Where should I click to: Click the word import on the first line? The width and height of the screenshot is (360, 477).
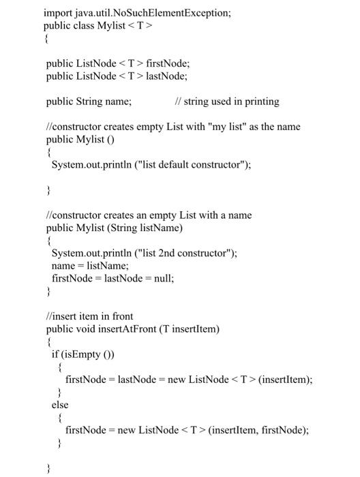pyautogui.click(x=58, y=12)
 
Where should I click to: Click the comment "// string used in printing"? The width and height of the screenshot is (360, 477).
pyautogui.click(x=227, y=102)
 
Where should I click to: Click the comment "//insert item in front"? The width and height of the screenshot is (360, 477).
pyautogui.click(x=89, y=316)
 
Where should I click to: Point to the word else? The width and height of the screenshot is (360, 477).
pyautogui.click(x=60, y=405)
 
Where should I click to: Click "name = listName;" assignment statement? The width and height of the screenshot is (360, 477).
pyautogui.click(x=80, y=266)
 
